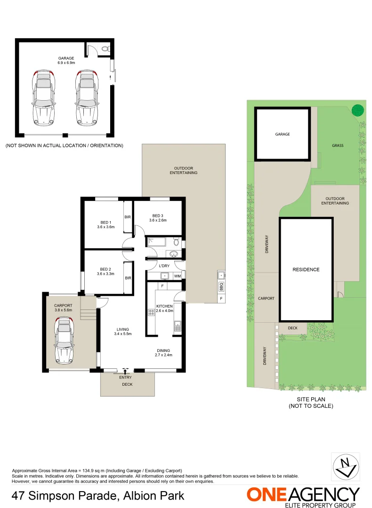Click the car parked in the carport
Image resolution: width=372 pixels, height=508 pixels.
point(65,341)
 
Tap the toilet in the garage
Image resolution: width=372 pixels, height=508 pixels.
point(105,48)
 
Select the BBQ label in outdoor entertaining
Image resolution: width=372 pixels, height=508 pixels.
point(221,285)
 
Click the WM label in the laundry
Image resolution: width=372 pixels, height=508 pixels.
point(178,276)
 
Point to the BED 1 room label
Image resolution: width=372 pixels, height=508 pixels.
point(106,222)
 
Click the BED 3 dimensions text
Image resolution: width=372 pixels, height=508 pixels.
point(158,220)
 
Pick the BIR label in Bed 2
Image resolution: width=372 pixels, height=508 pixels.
point(128,278)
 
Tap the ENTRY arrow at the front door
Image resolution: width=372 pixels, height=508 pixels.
point(125,372)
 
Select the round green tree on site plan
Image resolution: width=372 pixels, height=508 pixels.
point(358,110)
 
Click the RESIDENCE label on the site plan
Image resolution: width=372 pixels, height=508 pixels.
point(306,270)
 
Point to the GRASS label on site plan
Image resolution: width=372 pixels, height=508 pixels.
point(338,146)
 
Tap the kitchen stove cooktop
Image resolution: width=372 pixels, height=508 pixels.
point(152,311)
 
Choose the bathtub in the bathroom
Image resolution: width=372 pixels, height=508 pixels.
point(156,242)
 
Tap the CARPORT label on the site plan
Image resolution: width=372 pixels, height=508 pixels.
point(266,298)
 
